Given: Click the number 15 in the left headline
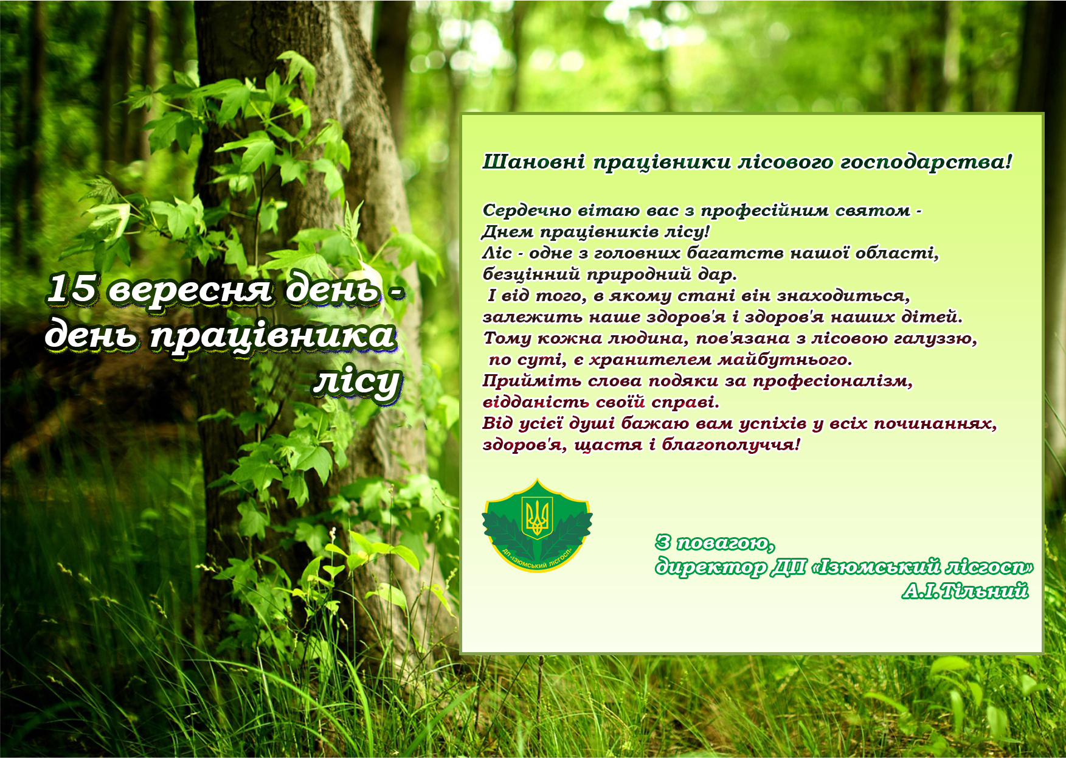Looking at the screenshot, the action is [x=71, y=288].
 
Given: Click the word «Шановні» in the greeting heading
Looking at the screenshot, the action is [x=534, y=162].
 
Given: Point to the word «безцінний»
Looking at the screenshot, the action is [x=531, y=274].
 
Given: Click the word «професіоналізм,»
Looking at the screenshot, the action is [x=832, y=381].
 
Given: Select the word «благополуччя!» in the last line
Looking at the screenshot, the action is [x=731, y=445].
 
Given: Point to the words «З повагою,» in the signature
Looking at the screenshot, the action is [x=715, y=543].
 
